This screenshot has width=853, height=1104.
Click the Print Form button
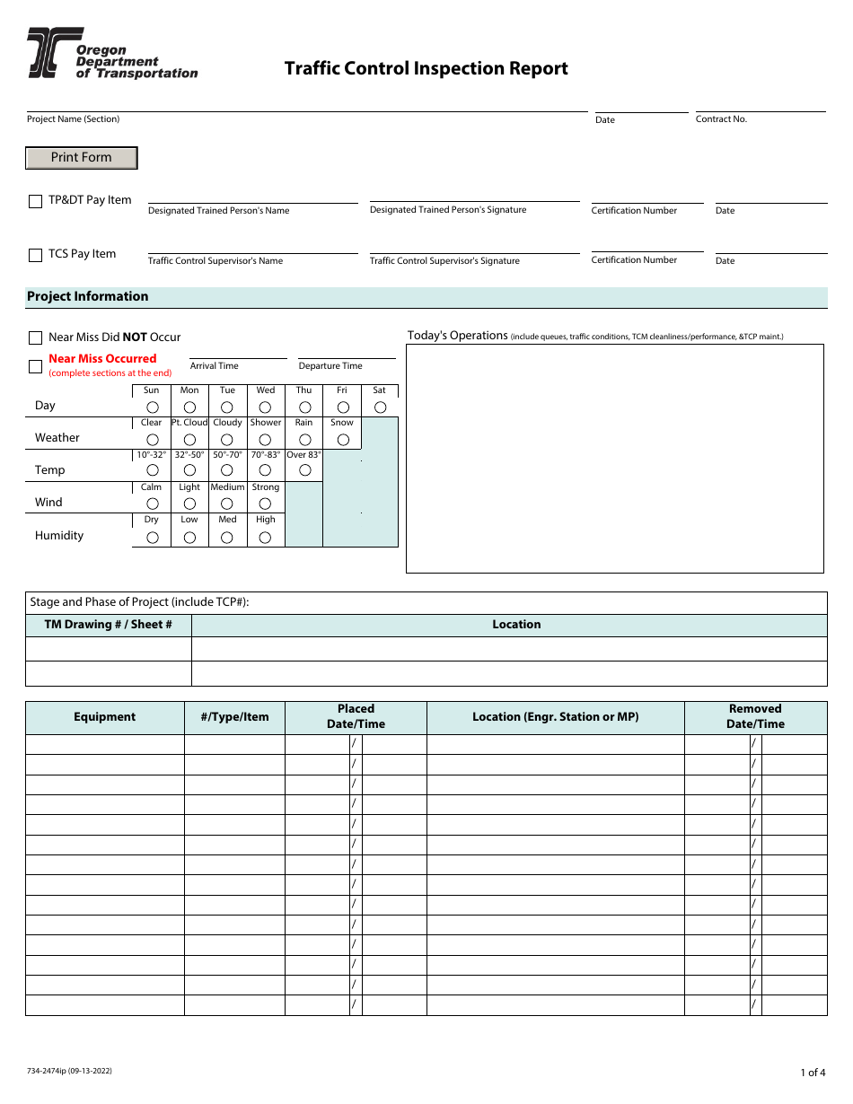[81, 158]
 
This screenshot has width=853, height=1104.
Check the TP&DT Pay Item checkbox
[36, 202]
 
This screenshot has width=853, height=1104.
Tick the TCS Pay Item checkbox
[36, 256]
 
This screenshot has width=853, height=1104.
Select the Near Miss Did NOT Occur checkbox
[36, 338]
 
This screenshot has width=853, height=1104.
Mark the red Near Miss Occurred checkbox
[36, 366]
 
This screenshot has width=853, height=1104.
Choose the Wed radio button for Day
[266, 407]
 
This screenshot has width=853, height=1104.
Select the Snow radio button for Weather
[342, 440]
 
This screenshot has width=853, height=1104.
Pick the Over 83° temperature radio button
[304, 470]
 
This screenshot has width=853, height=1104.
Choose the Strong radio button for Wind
[266, 504]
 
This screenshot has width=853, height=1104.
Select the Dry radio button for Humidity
[152, 537]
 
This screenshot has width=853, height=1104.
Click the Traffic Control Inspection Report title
[426, 69]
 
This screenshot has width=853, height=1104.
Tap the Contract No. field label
[721, 119]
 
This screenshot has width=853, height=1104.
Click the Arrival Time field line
[238, 357]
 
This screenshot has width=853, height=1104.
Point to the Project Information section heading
[88, 297]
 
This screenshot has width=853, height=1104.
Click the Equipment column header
[105, 717]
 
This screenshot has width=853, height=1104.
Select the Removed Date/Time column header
[755, 717]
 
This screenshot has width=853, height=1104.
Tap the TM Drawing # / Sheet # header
[108, 626]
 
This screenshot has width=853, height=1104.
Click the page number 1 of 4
[812, 1072]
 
